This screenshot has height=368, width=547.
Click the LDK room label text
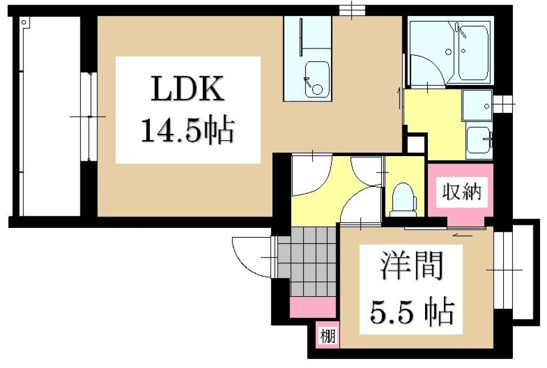point(187,90)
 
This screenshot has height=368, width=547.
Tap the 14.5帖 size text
point(187,132)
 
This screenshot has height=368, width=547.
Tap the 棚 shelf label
point(327,335)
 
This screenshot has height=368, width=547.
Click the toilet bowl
point(405,197)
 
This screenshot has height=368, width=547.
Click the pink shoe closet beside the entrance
point(312,308)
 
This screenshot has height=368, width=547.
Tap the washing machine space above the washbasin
point(477,106)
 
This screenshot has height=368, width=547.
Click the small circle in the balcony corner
point(24,22)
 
